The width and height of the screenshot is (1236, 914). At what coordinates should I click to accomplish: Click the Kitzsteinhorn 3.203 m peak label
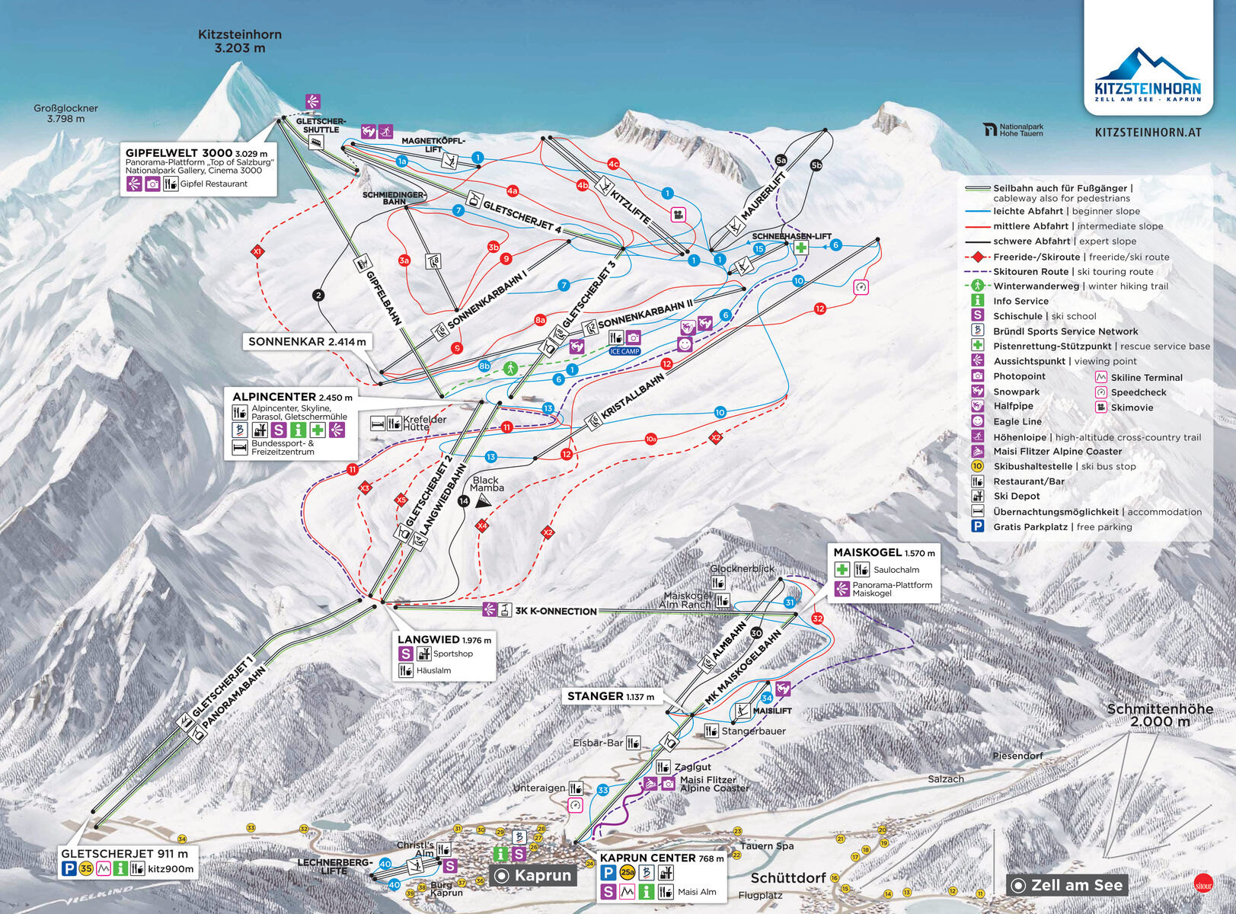(240, 41)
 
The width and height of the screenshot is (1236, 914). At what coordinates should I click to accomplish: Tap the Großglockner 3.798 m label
(65, 113)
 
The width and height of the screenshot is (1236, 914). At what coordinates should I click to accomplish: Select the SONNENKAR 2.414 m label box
(307, 342)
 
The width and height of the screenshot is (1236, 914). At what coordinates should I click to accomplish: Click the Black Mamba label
(486, 484)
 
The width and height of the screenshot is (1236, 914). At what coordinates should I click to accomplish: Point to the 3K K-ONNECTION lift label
(555, 611)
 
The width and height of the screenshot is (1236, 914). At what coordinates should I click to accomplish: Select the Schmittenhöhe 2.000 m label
(1159, 715)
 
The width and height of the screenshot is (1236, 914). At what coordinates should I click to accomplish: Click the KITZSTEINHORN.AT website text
(1148, 133)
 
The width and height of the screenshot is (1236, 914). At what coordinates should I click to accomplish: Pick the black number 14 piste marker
(464, 501)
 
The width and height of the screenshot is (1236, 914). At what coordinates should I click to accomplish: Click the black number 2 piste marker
(318, 296)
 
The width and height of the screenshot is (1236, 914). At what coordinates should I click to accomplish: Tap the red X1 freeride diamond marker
(257, 251)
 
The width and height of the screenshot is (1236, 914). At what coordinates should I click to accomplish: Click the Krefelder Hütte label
(424, 423)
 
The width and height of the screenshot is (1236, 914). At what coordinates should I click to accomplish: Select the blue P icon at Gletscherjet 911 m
(69, 869)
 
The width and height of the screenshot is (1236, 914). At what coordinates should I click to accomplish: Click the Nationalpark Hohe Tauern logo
(1013, 130)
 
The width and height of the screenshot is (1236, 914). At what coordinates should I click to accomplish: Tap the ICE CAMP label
(624, 351)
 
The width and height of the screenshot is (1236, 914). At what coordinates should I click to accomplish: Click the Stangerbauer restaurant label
(753, 731)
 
